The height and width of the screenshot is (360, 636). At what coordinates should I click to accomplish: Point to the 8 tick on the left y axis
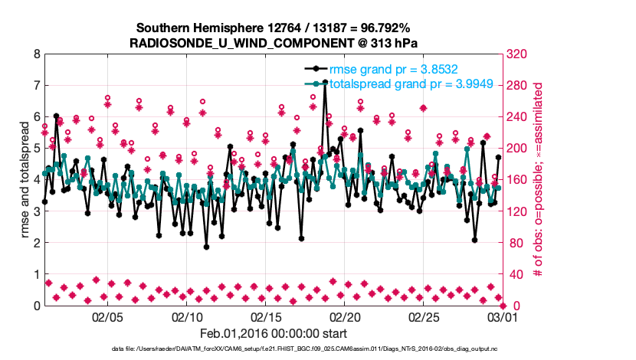pos(36,54)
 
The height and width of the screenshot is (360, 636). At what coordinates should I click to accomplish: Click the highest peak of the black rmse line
pos(325,81)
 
